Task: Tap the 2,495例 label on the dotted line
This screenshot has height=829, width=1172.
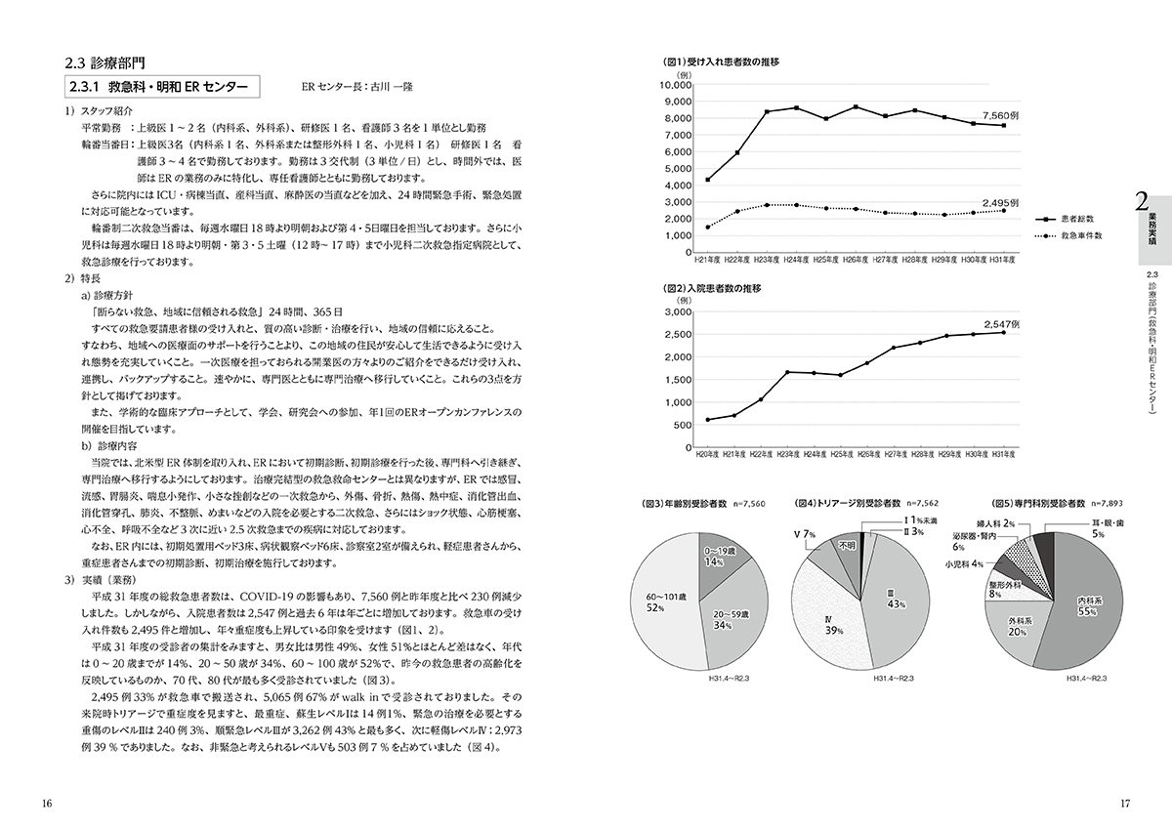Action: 1001,202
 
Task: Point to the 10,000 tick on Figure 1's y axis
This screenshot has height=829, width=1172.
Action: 676,85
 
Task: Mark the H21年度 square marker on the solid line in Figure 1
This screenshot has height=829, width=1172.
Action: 708,180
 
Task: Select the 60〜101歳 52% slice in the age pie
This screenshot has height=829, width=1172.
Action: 667,604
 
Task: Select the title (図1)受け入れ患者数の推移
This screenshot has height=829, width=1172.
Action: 722,62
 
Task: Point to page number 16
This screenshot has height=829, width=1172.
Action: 47,804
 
